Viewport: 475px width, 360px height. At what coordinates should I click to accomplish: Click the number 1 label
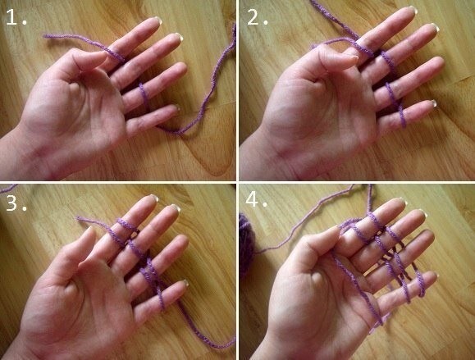(x=16, y=17)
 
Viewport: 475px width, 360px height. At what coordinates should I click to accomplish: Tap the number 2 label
(x=258, y=17)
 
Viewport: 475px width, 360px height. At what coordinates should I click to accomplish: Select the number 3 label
(x=16, y=203)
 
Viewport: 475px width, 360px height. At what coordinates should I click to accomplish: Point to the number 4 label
(x=257, y=199)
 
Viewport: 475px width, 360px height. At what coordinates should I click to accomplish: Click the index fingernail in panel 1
(x=158, y=20)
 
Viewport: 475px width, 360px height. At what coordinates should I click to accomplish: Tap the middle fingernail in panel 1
(x=177, y=37)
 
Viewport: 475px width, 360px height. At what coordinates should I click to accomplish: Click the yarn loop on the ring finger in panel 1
(x=144, y=94)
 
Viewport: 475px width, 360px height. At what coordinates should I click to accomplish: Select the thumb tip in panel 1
(x=103, y=54)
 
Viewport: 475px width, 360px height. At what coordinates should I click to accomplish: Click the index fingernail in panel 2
(x=413, y=9)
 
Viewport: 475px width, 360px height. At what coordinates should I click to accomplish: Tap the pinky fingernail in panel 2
(x=433, y=103)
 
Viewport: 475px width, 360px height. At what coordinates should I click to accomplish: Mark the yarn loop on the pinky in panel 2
(x=402, y=116)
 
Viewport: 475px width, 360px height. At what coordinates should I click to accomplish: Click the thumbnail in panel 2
(x=352, y=57)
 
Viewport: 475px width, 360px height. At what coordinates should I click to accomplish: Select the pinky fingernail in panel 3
(x=185, y=283)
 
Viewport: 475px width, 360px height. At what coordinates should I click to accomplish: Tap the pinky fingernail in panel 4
(x=435, y=275)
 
